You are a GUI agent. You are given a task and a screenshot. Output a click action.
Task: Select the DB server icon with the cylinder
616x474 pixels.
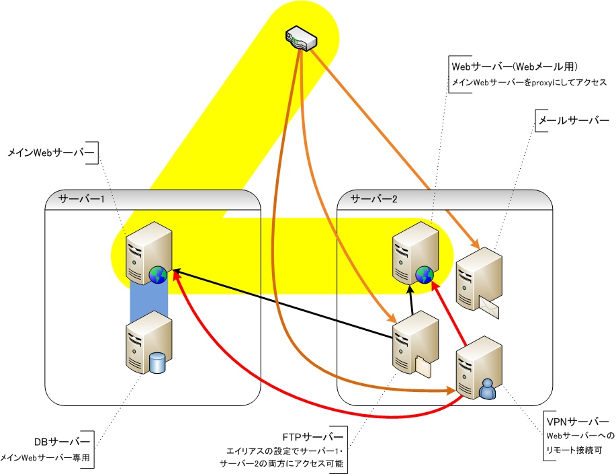pyautogui.click(x=146, y=343)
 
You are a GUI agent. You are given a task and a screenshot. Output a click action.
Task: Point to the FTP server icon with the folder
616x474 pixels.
pyautogui.click(x=413, y=342)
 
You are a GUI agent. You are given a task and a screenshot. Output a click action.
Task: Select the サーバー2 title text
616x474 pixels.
pyautogui.click(x=374, y=200)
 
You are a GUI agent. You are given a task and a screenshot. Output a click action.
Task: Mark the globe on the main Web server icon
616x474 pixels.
pyautogui.click(x=159, y=275)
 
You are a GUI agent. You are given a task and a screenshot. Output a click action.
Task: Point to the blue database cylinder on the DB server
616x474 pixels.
pyautogui.click(x=157, y=364)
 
